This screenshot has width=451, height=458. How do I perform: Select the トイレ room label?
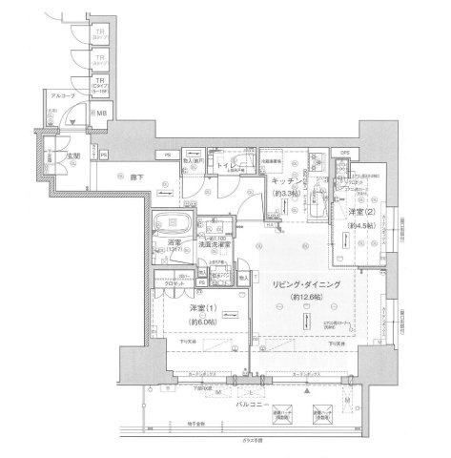pos(229,163)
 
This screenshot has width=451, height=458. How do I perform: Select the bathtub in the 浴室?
pos(175,229)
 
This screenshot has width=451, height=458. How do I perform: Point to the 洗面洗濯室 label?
pos(219,245)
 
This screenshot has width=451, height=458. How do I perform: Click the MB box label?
pos(100,114)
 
